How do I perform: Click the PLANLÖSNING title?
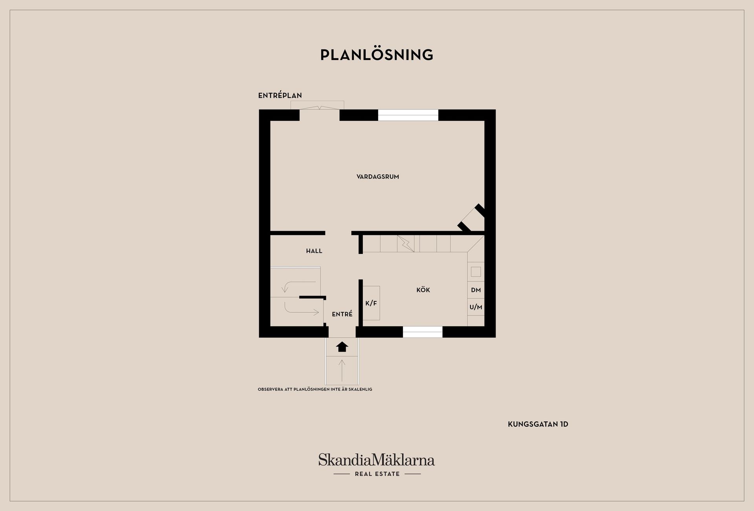click(x=377, y=55)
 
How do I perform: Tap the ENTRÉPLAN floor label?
click(x=280, y=95)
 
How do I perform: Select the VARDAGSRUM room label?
click(x=378, y=177)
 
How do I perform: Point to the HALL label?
click(x=314, y=251)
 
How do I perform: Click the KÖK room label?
click(x=423, y=290)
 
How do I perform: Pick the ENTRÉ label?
click(x=342, y=314)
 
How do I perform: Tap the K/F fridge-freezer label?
click(x=371, y=303)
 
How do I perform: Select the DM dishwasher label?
click(x=476, y=290)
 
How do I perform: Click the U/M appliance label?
click(x=476, y=307)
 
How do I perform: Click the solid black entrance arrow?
click(x=342, y=347)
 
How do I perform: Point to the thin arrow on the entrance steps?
click(x=342, y=370)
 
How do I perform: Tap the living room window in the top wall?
click(x=408, y=115)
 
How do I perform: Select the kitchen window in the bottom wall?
click(x=423, y=332)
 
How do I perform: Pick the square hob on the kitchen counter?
click(x=476, y=272)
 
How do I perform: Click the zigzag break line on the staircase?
click(x=406, y=243)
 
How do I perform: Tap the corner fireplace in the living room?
click(x=472, y=218)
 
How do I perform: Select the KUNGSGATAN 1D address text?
click(x=538, y=424)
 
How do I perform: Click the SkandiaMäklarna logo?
click(x=377, y=465)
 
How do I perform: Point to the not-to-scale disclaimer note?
click(x=315, y=389)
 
